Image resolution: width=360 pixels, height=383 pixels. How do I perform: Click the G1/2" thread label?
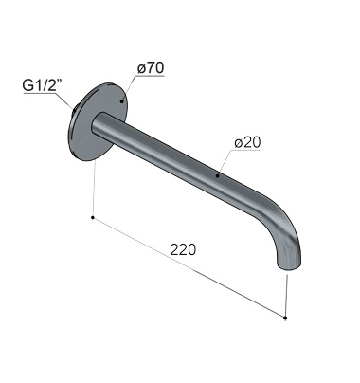(x=43, y=85)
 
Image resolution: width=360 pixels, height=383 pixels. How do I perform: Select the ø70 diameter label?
(x=151, y=68)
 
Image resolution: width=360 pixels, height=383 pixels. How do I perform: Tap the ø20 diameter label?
(x=247, y=143)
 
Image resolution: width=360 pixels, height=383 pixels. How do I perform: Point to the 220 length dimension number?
(x=183, y=249)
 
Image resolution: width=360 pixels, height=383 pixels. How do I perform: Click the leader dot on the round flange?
(x=121, y=101)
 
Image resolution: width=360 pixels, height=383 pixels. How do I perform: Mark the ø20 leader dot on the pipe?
(x=217, y=175)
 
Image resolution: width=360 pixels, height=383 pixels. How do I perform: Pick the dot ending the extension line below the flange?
(x=92, y=217)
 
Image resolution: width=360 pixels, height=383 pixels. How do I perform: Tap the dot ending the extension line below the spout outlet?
(x=285, y=318)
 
